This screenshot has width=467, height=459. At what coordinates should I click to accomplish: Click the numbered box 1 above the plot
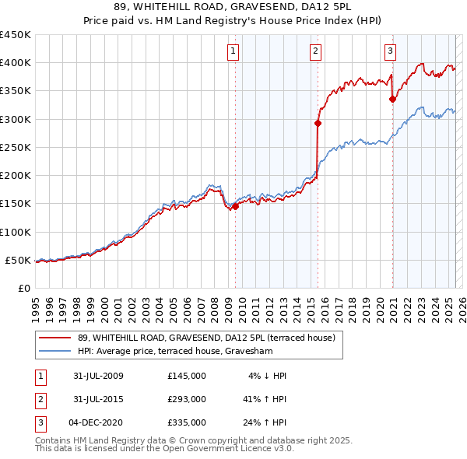coord(233,52)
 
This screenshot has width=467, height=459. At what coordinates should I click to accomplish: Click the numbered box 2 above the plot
coord(315,52)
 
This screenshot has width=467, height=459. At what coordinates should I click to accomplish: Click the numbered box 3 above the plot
coord(390,52)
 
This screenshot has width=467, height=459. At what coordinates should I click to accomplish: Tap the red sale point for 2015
coord(318,123)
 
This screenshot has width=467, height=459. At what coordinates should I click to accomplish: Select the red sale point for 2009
coord(235,206)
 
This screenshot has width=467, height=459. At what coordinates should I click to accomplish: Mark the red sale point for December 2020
coord(392,99)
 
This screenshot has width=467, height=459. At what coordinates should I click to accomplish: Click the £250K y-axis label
coord(16,147)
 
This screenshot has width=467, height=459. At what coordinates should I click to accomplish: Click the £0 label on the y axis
coord(24,288)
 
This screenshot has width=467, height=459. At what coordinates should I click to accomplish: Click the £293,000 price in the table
coord(186,399)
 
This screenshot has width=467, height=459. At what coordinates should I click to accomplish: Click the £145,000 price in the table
coord(186,376)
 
